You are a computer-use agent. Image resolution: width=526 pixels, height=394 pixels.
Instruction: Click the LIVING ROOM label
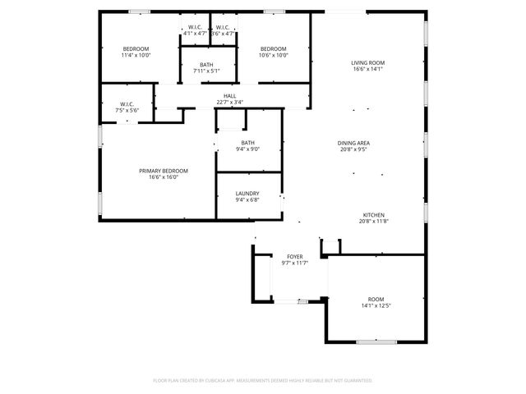pos(368,62)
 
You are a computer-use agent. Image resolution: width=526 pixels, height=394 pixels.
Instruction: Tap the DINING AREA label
pos(354,143)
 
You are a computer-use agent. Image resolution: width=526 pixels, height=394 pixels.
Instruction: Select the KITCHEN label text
pos(372,214)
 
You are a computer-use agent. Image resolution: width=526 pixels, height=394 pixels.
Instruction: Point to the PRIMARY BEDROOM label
pos(163,170)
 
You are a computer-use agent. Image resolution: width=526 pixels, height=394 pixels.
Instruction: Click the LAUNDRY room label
pos(247,193)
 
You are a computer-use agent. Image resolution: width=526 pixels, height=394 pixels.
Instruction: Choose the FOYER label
pos(294,256)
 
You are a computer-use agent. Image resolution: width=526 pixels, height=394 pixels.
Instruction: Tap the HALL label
pos(230,96)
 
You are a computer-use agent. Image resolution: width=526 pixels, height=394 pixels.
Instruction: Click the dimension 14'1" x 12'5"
pos(376,305)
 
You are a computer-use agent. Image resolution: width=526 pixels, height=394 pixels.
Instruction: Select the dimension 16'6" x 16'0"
pos(163,176)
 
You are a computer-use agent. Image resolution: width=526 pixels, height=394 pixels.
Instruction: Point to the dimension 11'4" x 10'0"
pos(136,56)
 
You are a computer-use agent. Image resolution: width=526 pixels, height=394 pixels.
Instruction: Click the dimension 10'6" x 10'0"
pos(274,56)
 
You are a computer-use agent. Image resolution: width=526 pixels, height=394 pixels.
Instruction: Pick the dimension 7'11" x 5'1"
pos(206,71)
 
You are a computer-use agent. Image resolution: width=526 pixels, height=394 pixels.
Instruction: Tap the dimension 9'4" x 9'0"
pos(247,149)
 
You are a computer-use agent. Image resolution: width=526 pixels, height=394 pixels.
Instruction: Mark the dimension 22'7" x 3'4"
pos(230,103)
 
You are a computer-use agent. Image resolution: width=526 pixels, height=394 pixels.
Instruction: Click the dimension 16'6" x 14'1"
pos(368,69)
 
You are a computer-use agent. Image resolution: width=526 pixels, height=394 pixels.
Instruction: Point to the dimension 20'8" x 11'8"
pos(372,221)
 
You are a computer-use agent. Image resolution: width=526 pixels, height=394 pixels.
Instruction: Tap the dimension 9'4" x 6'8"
pos(247,199)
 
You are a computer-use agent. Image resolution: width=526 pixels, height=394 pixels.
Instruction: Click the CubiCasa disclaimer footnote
pos(263,380)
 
